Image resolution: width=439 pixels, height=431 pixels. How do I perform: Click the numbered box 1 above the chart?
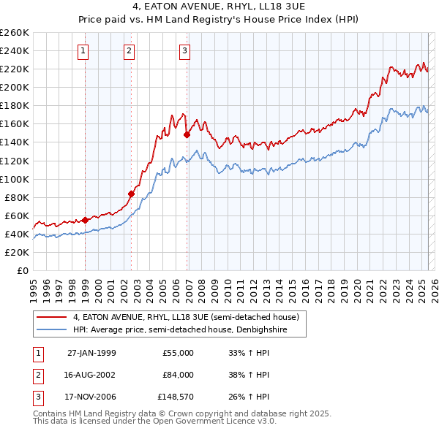click(x=83, y=50)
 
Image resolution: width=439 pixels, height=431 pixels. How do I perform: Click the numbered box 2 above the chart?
click(x=129, y=50)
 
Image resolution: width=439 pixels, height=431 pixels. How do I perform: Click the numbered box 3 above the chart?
click(x=184, y=50)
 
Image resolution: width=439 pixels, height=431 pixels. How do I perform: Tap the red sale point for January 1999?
click(x=86, y=219)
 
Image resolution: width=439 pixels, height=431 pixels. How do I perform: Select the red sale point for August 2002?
click(x=132, y=194)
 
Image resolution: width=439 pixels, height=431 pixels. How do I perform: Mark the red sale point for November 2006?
click(x=187, y=134)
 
